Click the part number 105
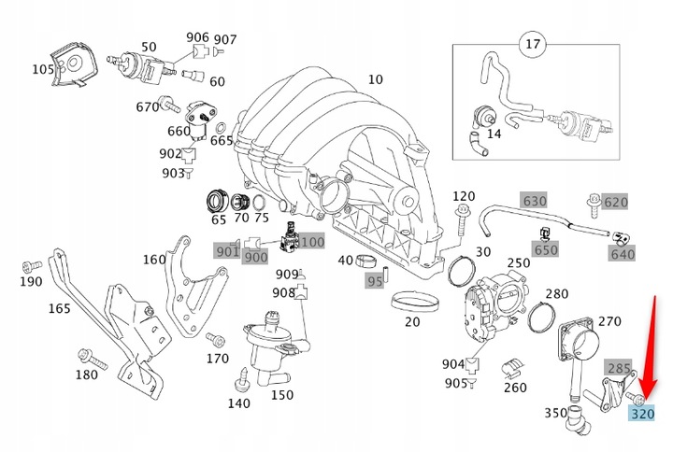pos(43,70)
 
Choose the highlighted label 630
pos(534,201)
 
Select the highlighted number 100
pos(312,242)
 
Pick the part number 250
pos(518,264)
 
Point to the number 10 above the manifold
pos(375,79)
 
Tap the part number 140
pos(238,403)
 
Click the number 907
pos(225,39)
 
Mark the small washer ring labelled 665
pos(220,126)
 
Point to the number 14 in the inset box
pos(494,134)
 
